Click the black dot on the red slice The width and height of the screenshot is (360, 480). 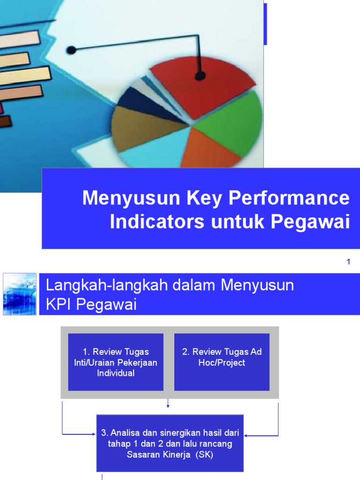click(x=200, y=75)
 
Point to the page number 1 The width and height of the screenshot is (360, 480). click(x=348, y=262)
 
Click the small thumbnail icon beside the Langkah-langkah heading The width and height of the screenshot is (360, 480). click(x=19, y=294)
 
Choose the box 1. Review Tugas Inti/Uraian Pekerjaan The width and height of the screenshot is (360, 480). click(x=115, y=362)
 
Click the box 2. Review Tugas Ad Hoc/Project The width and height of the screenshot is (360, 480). click(x=222, y=362)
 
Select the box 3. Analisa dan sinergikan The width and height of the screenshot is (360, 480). click(x=170, y=443)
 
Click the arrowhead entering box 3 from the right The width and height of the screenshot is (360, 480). click(x=247, y=435)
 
